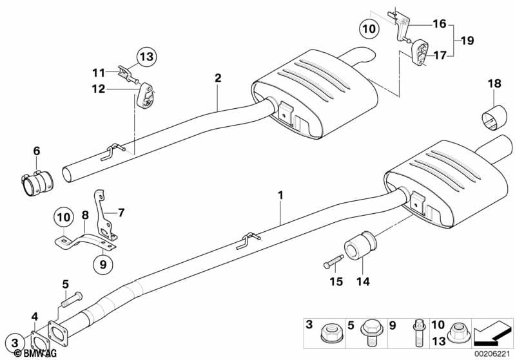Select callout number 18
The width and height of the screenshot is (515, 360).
click(494, 84)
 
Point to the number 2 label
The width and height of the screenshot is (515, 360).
click(218, 79)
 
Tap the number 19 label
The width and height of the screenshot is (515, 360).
click(468, 41)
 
